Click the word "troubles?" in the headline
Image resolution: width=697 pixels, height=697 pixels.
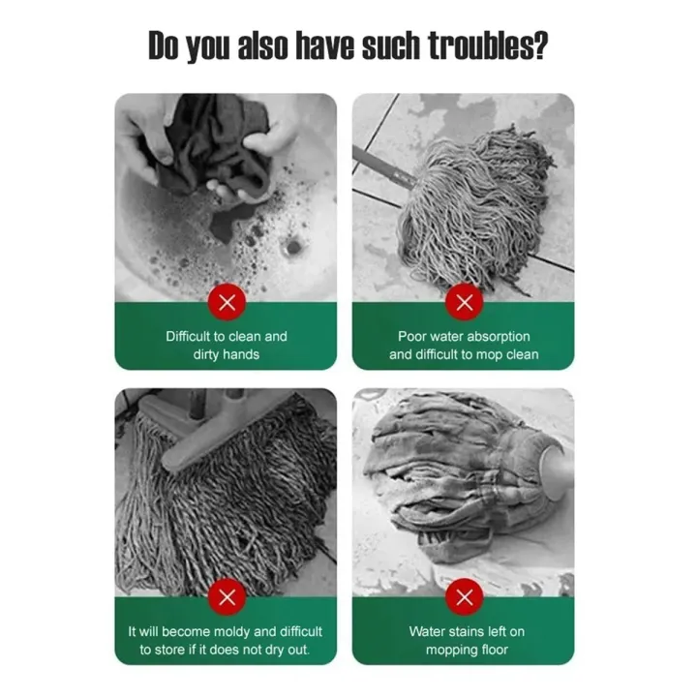[x=488, y=45]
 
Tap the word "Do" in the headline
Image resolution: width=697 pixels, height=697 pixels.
[x=164, y=45]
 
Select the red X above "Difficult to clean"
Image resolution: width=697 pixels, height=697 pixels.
[x=227, y=302]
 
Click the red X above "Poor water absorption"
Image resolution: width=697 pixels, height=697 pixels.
[x=465, y=302]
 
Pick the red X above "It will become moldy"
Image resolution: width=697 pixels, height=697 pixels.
[x=227, y=597]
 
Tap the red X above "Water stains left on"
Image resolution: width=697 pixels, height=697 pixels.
[x=465, y=597]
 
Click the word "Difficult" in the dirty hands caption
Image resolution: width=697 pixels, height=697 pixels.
[x=188, y=336]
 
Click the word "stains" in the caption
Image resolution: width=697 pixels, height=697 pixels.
[x=468, y=631]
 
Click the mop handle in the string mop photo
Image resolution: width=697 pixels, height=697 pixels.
[x=384, y=167]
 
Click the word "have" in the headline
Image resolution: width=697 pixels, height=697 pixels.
[x=326, y=45]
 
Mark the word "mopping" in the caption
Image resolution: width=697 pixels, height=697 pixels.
[x=448, y=651]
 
